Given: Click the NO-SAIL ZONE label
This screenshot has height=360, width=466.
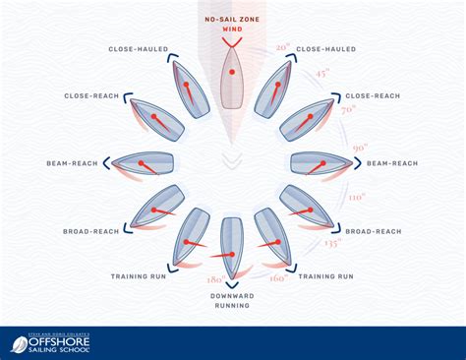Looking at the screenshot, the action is [232, 19].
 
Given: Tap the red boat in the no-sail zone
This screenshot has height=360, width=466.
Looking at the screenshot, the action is [232, 76].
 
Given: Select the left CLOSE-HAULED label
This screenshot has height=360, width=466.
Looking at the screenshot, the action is [140, 47].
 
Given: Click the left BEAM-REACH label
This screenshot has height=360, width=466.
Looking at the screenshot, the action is [71, 162].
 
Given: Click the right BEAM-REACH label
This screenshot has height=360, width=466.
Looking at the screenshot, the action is [392, 162].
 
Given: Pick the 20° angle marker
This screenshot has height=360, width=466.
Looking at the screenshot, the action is [283, 46].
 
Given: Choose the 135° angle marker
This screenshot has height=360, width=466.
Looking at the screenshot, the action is [332, 241].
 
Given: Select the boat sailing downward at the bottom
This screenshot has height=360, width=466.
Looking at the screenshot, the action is [232, 246].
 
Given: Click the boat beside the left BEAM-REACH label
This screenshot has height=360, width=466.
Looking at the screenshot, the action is [144, 162].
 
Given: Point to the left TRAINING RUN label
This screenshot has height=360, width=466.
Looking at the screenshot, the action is [137, 277].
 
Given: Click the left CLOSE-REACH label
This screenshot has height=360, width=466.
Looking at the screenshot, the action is [91, 97].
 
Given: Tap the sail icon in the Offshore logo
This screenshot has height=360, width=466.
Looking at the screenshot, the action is [20, 344].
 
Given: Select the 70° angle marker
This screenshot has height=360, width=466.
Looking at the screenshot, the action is [347, 111].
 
